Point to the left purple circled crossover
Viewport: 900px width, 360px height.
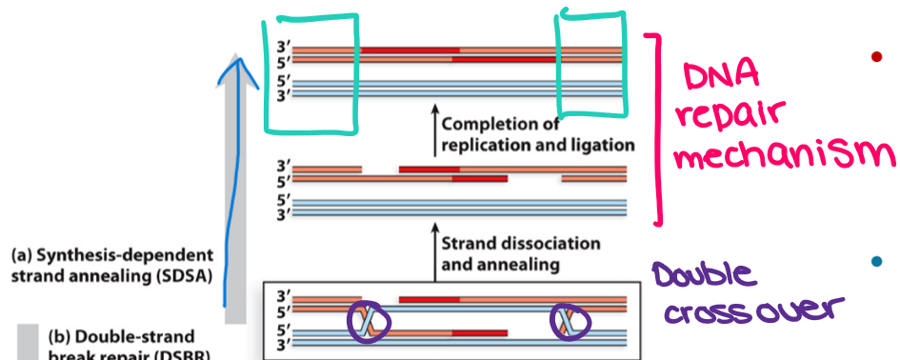click(x=365, y=322)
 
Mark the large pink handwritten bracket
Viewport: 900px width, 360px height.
click(x=650, y=129)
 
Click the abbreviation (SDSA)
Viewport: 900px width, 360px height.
click(x=184, y=276)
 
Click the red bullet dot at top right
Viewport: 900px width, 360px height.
click(x=877, y=58)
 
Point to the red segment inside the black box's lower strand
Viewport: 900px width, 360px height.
click(x=475, y=332)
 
